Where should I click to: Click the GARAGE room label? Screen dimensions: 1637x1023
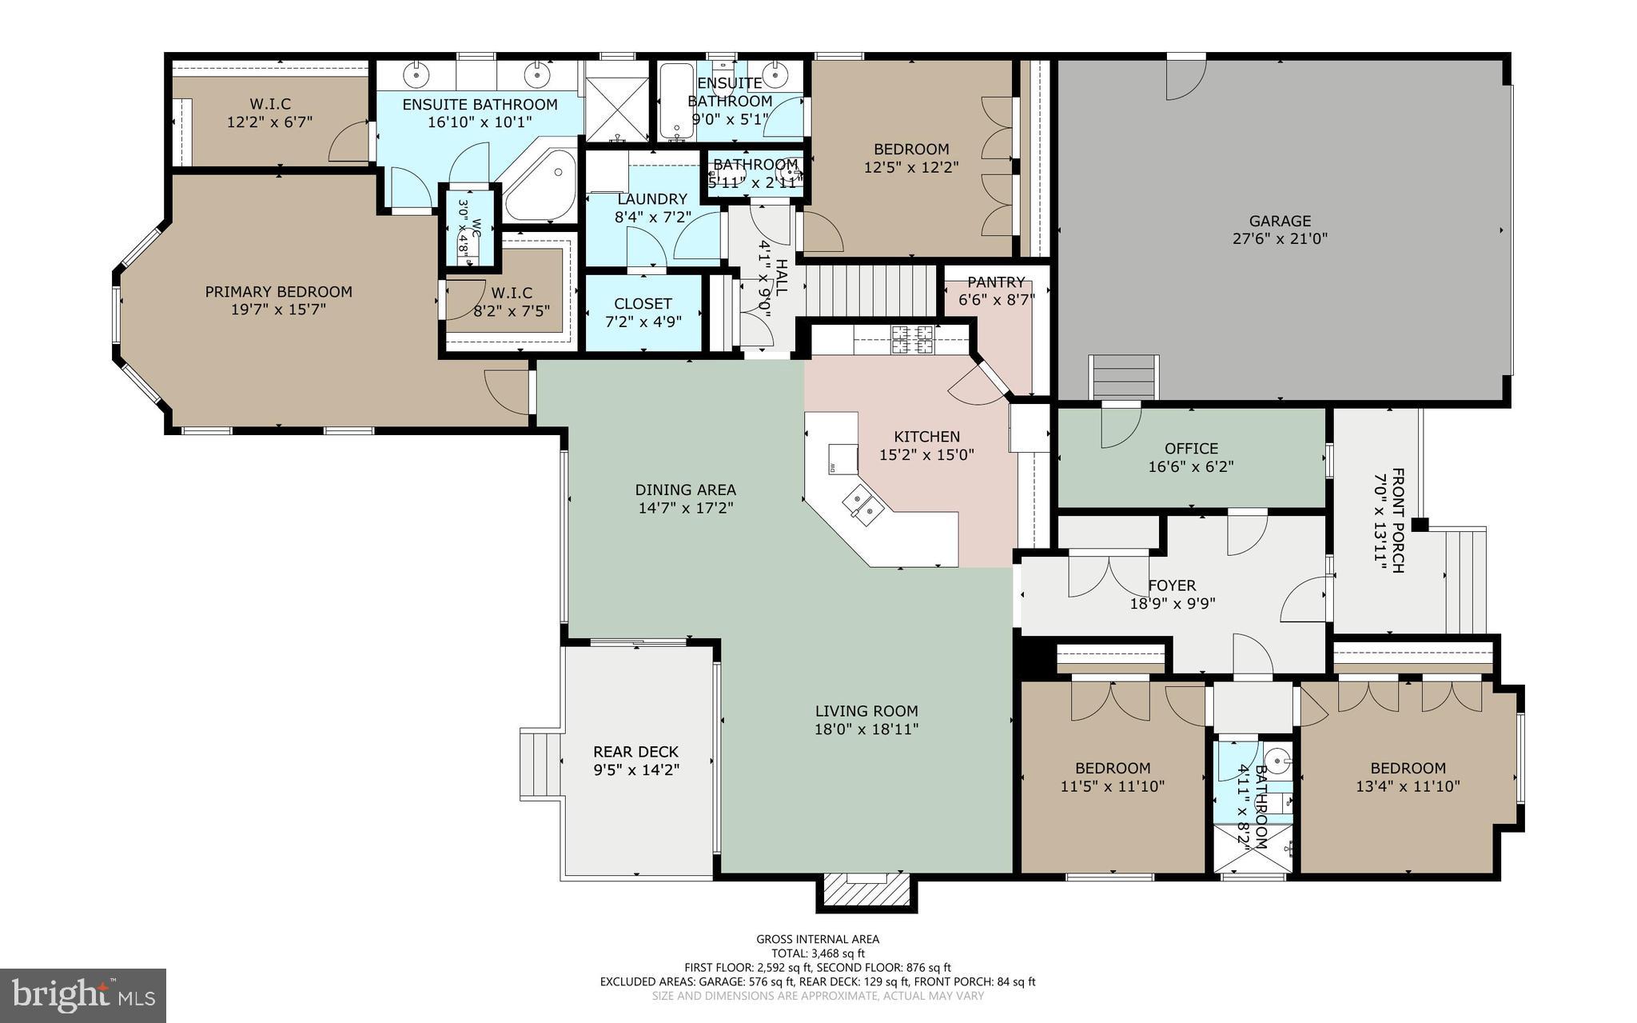click(1280, 221)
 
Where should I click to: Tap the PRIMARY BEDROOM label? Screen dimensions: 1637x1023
click(278, 292)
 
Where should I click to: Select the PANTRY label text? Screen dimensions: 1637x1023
click(996, 282)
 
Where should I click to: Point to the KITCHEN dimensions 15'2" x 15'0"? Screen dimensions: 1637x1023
click(927, 454)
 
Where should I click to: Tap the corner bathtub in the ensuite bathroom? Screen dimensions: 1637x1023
click(540, 186)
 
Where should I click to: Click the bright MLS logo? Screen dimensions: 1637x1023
click(83, 995)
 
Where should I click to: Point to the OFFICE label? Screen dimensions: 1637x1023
click(1191, 449)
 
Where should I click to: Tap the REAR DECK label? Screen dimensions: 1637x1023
click(635, 752)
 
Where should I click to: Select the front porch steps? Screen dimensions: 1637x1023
click(1465, 581)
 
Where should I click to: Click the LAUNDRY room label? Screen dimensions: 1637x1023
click(652, 199)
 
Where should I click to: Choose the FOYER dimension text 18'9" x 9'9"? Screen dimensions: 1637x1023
click(1173, 604)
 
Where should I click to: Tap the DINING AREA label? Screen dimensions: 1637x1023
click(686, 490)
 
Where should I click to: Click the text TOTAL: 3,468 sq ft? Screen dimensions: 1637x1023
click(818, 953)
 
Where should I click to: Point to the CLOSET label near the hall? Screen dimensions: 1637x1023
click(643, 304)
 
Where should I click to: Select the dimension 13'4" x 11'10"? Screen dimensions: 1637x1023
click(1408, 786)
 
